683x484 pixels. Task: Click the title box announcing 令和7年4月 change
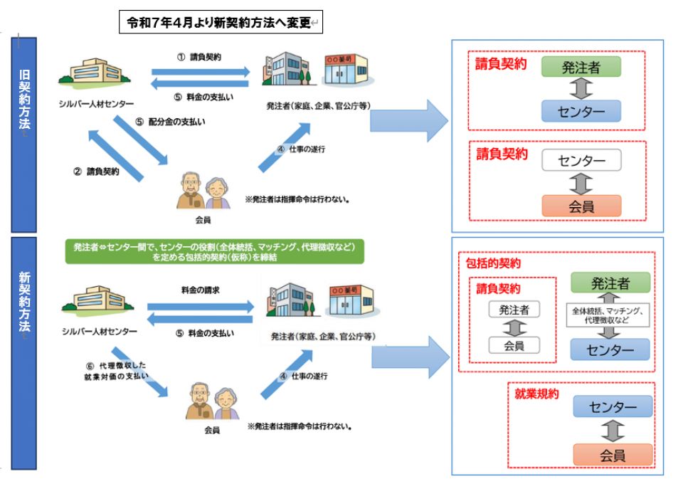(x=221, y=23)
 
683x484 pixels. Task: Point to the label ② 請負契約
(x=96, y=172)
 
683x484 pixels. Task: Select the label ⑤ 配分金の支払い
(x=171, y=121)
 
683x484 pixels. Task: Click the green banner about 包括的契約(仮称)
(x=214, y=251)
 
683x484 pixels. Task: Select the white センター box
(x=581, y=161)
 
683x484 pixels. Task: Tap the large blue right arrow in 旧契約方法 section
(x=408, y=120)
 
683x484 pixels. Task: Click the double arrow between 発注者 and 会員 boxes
(x=514, y=327)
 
